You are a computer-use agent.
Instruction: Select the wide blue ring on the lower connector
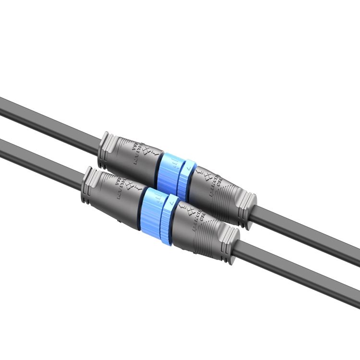pos(153,210)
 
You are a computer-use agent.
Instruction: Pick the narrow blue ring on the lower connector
pos(169,218)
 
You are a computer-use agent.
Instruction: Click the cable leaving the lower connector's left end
pos(38,160)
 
